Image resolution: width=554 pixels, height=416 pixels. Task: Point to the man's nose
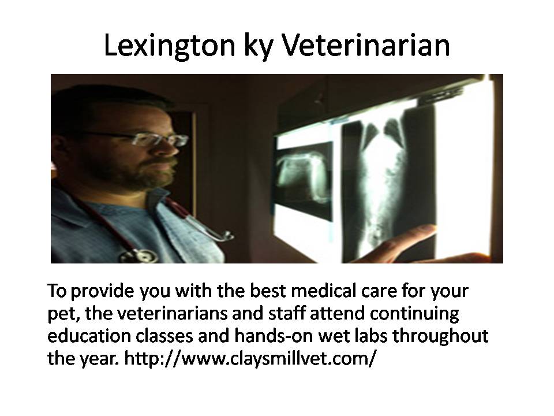coord(169,148)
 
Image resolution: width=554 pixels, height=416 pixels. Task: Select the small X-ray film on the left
coord(305,180)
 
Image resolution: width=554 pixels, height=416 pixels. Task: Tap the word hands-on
coord(274,336)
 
